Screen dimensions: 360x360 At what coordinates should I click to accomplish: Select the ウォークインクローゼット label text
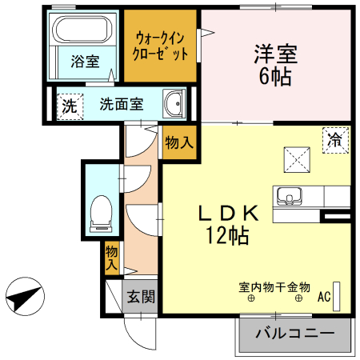162,46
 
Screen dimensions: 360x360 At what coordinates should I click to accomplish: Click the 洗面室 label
122,104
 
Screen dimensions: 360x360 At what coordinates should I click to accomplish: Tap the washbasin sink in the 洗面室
174,103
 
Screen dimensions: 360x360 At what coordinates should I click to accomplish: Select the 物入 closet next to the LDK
178,142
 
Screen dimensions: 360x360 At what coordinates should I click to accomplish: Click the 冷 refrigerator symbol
334,139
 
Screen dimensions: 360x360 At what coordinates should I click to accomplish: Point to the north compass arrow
22,298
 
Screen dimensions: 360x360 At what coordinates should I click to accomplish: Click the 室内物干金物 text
274,286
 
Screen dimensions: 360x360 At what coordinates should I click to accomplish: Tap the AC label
323,297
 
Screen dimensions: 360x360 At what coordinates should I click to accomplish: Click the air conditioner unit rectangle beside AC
338,296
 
